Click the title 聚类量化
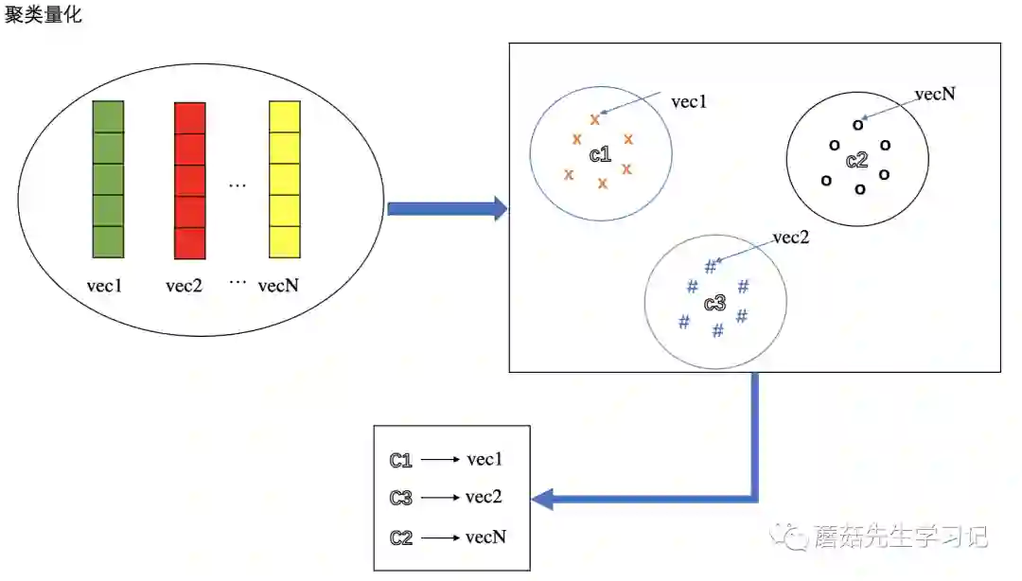43,16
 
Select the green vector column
108,180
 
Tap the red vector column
190,180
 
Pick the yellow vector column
284,180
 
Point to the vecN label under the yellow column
278,285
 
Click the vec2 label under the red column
184,285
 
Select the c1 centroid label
600,155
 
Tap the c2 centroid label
856,160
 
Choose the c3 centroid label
714,304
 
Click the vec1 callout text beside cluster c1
688,101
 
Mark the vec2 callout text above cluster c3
791,238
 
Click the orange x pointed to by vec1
594,119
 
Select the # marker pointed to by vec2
711,267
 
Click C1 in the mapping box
400,461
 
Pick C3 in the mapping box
400,499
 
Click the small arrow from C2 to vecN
440,538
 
